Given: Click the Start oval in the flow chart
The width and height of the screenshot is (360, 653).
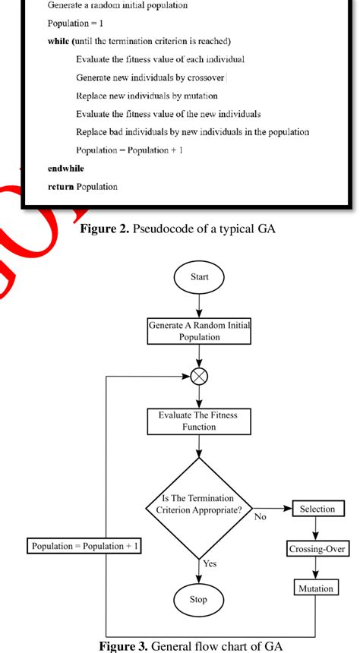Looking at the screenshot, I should click(198, 278).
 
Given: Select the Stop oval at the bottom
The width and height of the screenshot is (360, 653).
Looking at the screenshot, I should click(198, 600).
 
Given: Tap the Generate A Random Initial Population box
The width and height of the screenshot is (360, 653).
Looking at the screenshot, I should click(198, 332).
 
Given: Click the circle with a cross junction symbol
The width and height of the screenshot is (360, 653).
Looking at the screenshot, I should click(198, 375).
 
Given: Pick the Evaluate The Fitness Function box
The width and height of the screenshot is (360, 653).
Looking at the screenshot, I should click(198, 421).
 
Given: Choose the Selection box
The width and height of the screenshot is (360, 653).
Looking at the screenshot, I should click(317, 509).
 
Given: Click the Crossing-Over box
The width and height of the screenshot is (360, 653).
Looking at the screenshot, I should click(317, 548).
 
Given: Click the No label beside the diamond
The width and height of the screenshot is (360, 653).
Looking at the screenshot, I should click(261, 516).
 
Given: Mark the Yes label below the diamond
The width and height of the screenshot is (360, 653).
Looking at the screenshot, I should click(210, 563).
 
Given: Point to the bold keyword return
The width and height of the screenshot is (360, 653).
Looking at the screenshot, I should click(60, 187).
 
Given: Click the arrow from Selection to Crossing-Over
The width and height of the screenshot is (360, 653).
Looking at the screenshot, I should click(317, 528).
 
